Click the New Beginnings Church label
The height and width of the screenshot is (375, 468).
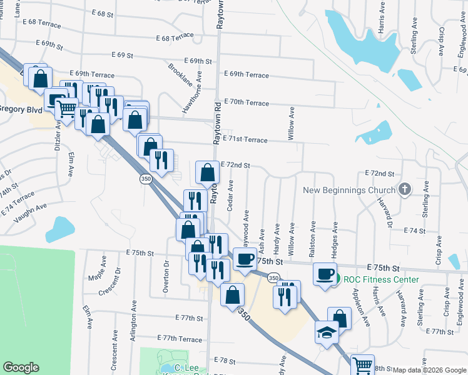tap(349, 190)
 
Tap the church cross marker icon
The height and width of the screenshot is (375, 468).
tap(405, 189)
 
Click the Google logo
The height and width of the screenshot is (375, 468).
tap(21, 367)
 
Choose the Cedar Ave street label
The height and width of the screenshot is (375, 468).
tap(230, 196)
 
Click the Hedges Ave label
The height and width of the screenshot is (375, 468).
tap(334, 238)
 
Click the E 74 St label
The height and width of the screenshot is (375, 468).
tap(414, 231)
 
